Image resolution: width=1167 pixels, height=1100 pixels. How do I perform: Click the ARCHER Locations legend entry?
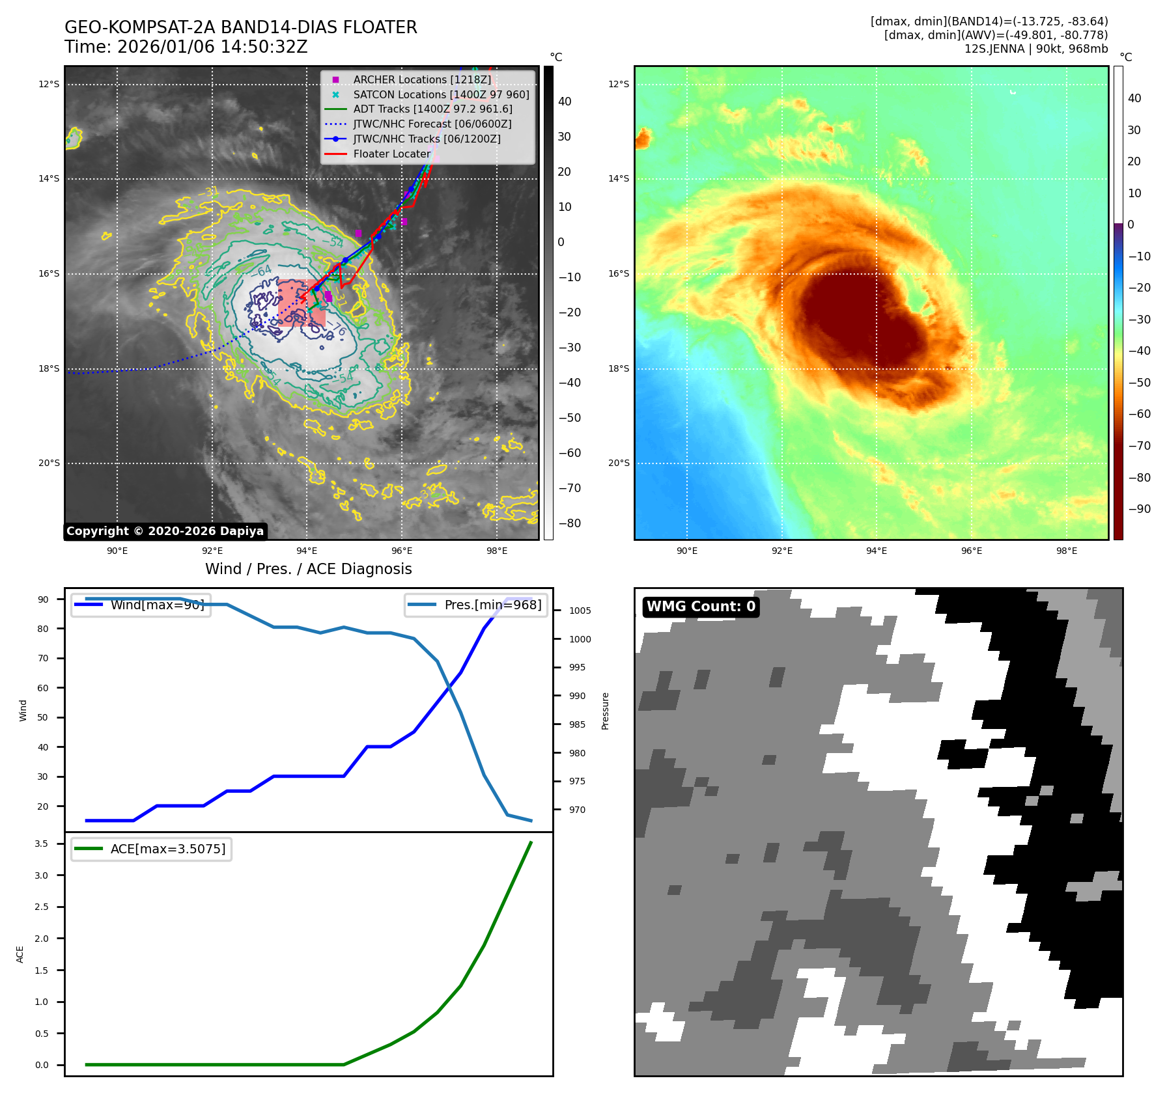click(x=422, y=79)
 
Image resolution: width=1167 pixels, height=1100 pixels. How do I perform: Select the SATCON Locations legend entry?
click(x=441, y=94)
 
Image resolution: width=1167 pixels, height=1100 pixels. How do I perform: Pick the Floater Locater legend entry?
click(x=391, y=154)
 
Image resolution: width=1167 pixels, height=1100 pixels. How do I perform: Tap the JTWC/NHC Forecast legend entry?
click(x=432, y=124)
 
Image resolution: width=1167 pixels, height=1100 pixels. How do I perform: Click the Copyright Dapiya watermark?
click(x=165, y=531)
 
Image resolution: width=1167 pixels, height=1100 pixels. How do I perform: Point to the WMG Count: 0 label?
click(x=701, y=607)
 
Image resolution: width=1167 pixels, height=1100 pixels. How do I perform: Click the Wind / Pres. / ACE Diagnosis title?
click(x=308, y=569)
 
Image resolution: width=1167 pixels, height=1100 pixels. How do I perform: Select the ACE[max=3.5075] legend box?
click(x=151, y=849)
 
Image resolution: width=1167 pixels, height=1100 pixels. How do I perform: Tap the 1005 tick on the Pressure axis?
click(x=580, y=611)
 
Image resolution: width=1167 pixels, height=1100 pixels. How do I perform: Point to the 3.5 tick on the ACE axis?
click(x=42, y=844)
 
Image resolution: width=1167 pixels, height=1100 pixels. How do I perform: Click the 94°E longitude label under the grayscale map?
click(x=307, y=551)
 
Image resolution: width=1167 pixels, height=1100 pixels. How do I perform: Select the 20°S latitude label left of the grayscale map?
click(x=49, y=463)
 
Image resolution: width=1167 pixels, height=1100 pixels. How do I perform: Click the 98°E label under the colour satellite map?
click(x=1066, y=551)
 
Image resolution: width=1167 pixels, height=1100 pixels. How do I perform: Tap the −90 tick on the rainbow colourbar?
click(x=1138, y=509)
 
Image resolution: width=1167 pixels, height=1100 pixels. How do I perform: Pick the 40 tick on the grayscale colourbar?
click(x=565, y=102)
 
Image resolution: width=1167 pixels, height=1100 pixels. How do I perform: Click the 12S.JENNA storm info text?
click(x=1035, y=49)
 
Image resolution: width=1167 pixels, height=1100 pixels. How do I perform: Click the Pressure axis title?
click(x=605, y=711)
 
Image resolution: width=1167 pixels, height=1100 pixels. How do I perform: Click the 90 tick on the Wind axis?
click(x=43, y=599)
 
